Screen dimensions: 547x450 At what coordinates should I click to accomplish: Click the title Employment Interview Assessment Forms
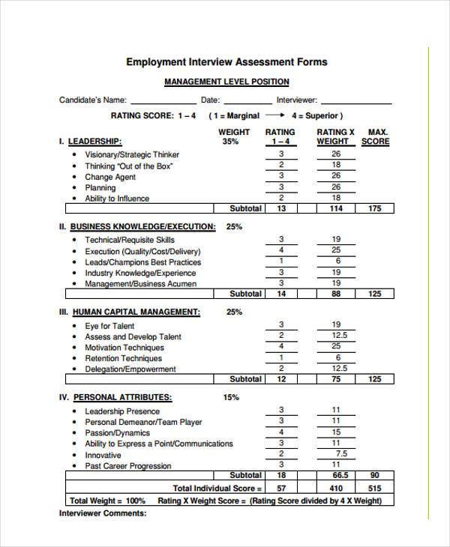coord(226,62)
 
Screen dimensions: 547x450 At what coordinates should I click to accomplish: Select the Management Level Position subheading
coord(226,82)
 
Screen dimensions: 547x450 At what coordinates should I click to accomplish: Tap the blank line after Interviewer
coord(356,100)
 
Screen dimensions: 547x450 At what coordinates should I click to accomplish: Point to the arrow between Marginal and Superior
coord(274,116)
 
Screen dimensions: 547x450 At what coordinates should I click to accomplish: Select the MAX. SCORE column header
coord(375,136)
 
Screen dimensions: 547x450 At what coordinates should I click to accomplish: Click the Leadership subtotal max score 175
coord(375,208)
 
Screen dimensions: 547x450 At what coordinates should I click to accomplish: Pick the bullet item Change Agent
coord(110,177)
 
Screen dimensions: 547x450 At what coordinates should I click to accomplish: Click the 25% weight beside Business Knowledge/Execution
coord(234,226)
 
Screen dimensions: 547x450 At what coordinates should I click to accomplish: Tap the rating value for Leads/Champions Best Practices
coord(281,262)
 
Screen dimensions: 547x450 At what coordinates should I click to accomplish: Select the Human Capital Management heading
coord(135,312)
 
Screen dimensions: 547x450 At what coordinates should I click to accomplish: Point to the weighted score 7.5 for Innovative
coord(341,454)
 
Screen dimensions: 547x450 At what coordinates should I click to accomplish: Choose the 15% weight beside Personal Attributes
coord(231,397)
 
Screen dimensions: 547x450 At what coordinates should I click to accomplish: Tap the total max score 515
coord(375,488)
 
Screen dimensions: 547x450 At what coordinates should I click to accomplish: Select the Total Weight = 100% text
coord(107,501)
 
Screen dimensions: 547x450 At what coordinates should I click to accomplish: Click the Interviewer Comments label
coord(103,514)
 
